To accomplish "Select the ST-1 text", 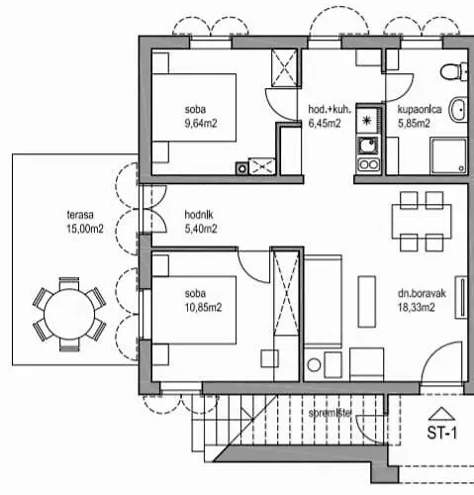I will point(441,432).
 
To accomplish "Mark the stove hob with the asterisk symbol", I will point(367,121).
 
